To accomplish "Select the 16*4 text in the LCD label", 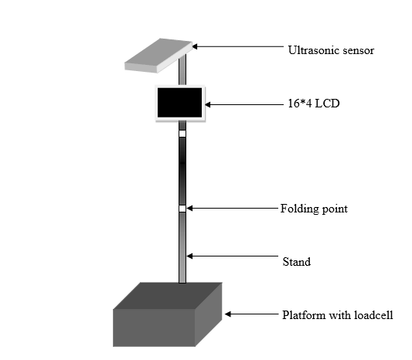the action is click(x=300, y=104).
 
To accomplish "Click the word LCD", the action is click(x=327, y=104).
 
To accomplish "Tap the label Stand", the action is click(x=297, y=262).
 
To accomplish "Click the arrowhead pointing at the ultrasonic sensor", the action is click(x=195, y=47).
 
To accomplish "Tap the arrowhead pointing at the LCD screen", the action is click(x=208, y=105).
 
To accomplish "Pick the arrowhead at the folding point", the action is click(x=189, y=209).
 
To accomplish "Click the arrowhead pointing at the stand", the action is click(x=189, y=256).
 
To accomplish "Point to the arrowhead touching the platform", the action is click(x=228, y=314).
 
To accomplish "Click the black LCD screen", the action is click(x=180, y=103).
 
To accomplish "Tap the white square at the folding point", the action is click(x=182, y=209).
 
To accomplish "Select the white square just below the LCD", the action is click(x=182, y=134).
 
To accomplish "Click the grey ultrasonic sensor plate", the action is click(x=158, y=56).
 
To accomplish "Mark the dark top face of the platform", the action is click(x=168, y=296).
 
